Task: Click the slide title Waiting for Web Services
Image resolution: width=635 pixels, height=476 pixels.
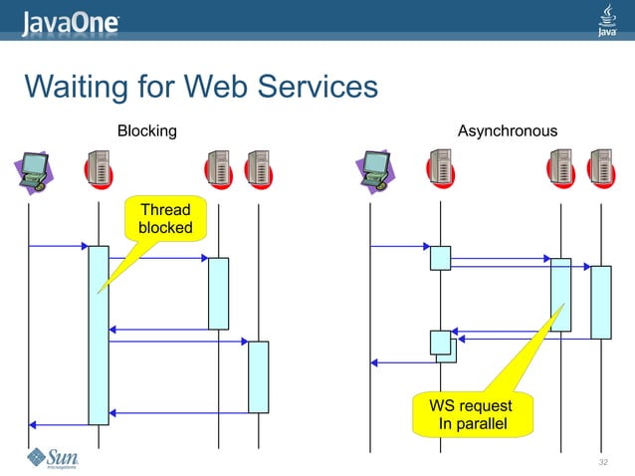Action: coord(201,88)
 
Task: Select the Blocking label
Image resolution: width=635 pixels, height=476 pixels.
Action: coord(146,130)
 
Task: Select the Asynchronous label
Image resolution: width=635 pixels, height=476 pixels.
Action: coord(507,130)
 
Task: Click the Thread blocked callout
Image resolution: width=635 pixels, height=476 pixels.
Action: coord(165,219)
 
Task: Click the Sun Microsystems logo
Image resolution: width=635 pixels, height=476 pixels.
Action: coord(52,458)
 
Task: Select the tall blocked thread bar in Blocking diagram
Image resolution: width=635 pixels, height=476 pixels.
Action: coord(98,335)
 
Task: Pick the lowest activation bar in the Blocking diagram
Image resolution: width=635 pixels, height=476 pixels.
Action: coord(258,376)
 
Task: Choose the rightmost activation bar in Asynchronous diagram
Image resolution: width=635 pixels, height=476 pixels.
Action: coord(600,302)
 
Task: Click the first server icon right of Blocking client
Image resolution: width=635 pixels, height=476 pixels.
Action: coord(98,170)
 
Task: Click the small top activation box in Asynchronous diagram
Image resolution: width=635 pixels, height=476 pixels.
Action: coord(440,258)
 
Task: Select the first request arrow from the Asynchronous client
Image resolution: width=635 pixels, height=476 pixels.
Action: coord(399,246)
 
